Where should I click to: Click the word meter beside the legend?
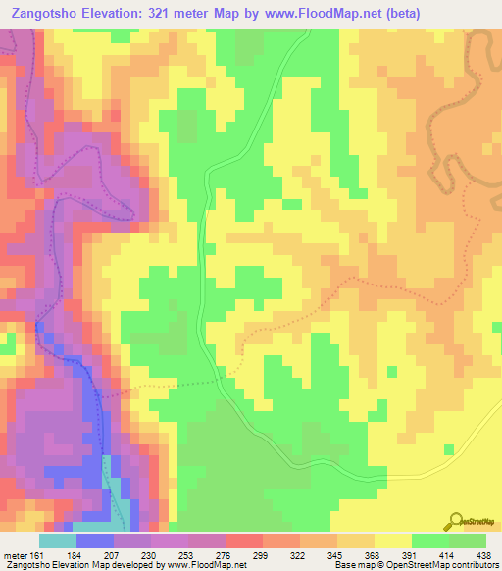15,554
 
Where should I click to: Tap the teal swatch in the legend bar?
58,541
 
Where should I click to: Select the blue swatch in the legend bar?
95,541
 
